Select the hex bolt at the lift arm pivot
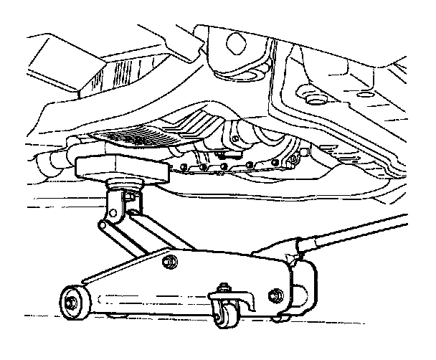click(x=170, y=261)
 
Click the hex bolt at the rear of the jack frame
click(x=276, y=294)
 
